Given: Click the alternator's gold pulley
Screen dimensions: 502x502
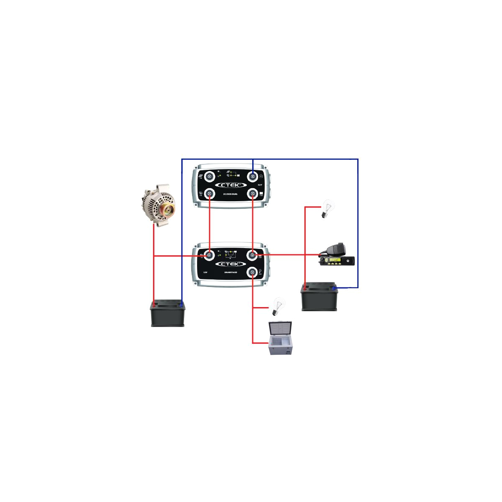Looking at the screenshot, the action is tap(168, 210).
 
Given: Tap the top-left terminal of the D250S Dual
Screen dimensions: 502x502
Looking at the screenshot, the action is tap(210, 176).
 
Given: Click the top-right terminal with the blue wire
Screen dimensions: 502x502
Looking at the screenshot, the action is tap(253, 176).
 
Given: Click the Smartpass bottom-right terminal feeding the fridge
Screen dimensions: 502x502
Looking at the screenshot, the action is tap(253, 272).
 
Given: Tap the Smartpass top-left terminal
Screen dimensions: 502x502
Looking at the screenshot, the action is tap(209, 255).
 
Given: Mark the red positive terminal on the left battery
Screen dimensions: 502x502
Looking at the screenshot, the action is tap(154, 305).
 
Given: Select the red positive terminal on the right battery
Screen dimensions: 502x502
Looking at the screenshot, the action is tap(305, 288).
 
